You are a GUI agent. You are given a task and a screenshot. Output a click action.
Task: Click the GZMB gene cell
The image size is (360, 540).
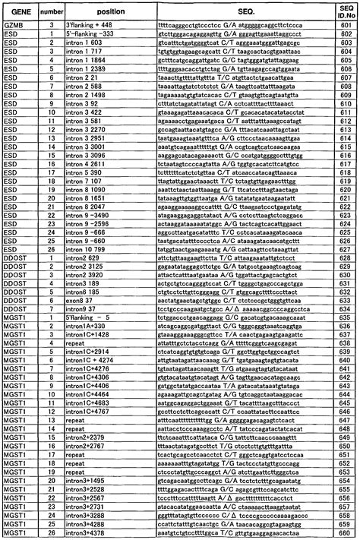16,25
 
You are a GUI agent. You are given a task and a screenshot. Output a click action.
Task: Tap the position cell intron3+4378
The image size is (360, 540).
90,534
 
